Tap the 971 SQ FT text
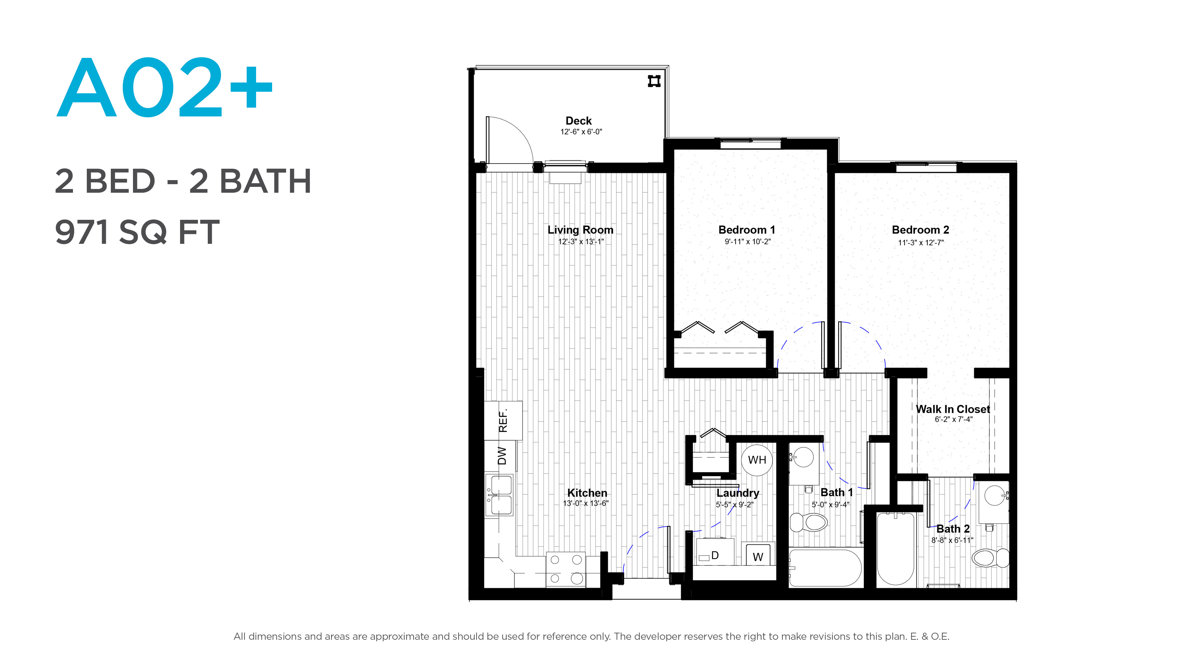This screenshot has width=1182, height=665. [137, 232]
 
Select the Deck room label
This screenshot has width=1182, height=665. [579, 121]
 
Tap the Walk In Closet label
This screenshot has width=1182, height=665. [953, 409]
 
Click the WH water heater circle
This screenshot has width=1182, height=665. [757, 460]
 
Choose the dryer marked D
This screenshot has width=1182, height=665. [715, 552]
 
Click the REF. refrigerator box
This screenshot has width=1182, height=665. [503, 420]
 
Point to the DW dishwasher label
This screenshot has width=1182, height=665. [502, 456]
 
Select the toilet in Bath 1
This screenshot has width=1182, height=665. [809, 522]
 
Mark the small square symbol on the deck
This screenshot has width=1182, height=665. [654, 81]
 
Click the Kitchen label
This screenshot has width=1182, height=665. [587, 493]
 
